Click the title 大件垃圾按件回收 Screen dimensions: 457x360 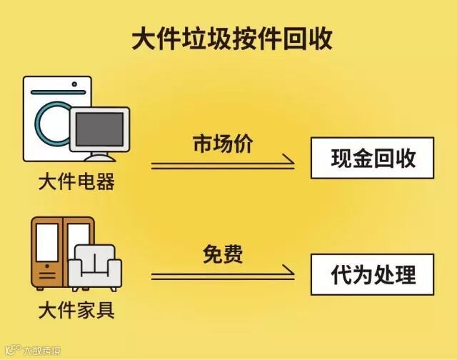[232, 39]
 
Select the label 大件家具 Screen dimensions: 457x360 [76, 311]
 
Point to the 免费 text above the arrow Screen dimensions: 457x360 [223, 254]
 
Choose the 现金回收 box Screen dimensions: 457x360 [373, 158]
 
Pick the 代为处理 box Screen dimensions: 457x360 [373, 274]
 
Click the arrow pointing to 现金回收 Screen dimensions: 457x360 [223, 166]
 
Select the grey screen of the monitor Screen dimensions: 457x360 [100, 129]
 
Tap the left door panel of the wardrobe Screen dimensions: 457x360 [47, 242]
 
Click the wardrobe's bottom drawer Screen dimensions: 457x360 [47, 276]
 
